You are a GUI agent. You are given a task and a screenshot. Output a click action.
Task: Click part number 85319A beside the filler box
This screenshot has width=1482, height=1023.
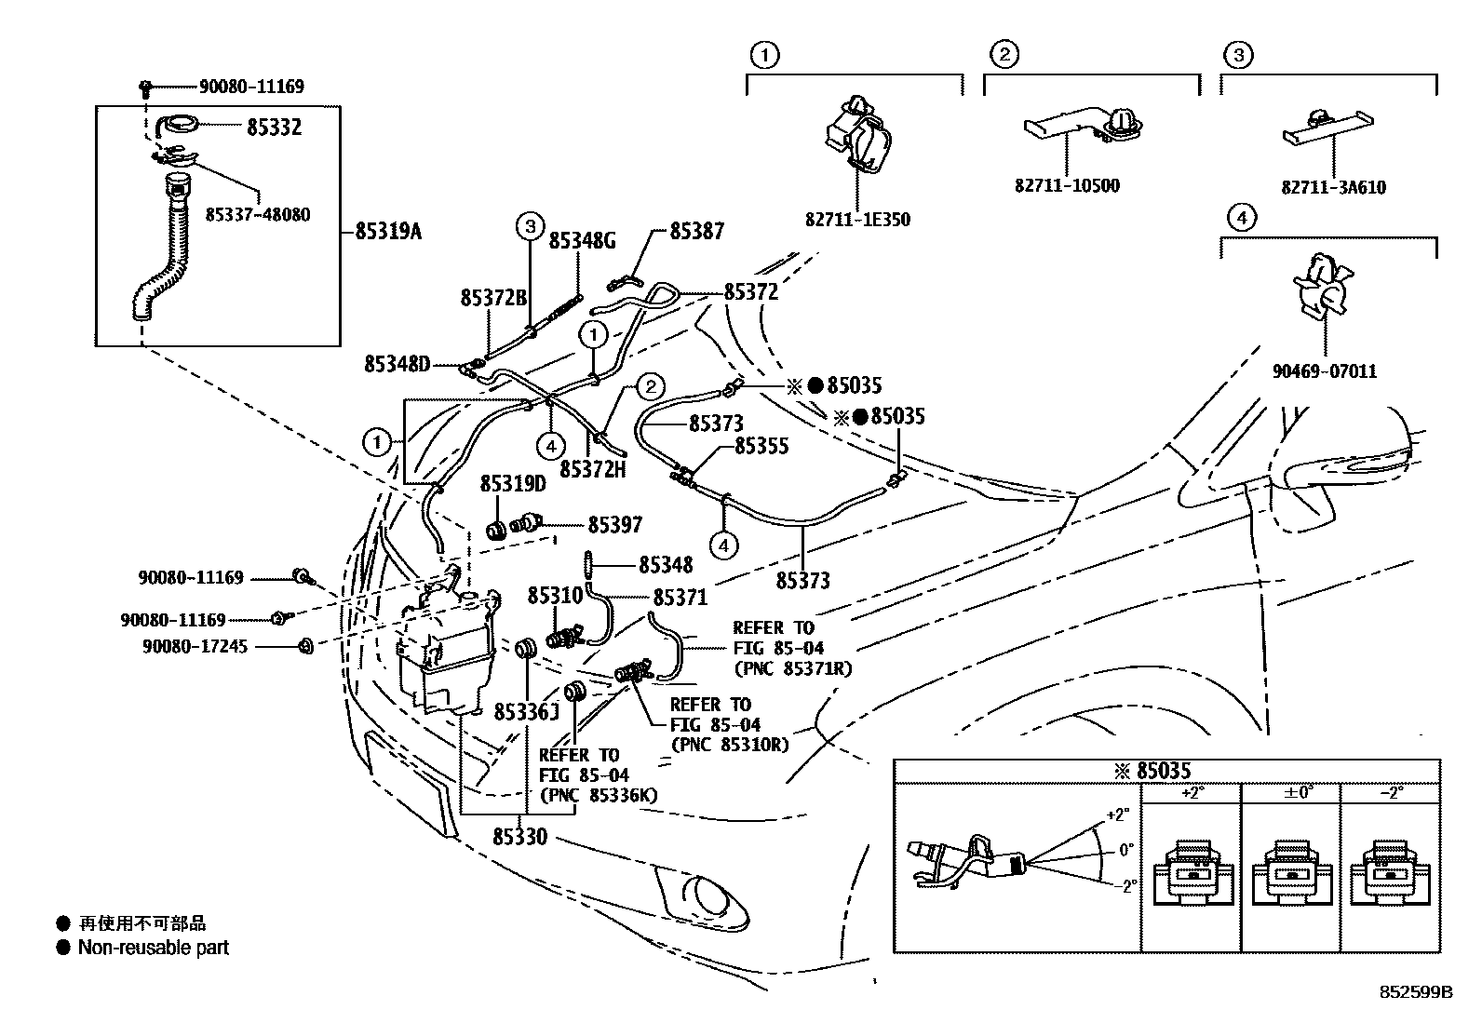coord(387,232)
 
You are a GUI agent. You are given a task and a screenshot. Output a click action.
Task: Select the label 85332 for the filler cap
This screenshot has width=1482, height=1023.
coord(274,128)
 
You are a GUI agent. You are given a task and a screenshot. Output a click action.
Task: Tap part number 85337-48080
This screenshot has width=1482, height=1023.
coord(258,215)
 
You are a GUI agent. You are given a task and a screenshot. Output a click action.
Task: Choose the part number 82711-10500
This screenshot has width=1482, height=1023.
coord(1067,185)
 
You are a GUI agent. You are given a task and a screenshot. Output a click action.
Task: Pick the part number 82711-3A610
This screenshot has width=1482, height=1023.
coord(1333,188)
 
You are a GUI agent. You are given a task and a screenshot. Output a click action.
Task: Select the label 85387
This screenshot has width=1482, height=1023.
coord(696,232)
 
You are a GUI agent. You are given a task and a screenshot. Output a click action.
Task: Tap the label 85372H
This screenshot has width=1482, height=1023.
coord(592,470)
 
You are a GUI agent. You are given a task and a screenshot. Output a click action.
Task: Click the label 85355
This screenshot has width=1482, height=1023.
coord(761,447)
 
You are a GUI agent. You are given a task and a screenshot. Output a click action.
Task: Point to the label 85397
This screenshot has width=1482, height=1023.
coord(615,526)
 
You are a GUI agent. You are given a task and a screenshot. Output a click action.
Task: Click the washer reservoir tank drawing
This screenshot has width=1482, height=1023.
coord(445,652)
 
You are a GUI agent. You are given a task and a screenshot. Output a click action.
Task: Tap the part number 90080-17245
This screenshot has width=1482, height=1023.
coord(195,645)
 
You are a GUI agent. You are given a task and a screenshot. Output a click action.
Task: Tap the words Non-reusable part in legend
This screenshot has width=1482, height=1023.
coord(153,949)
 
